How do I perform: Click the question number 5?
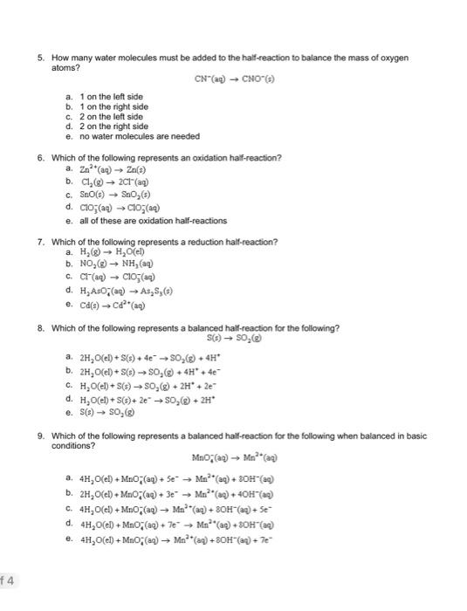[40, 58]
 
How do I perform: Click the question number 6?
[40, 158]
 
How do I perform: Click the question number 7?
[40, 242]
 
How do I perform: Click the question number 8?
[40, 328]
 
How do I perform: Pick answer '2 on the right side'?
[114, 127]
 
